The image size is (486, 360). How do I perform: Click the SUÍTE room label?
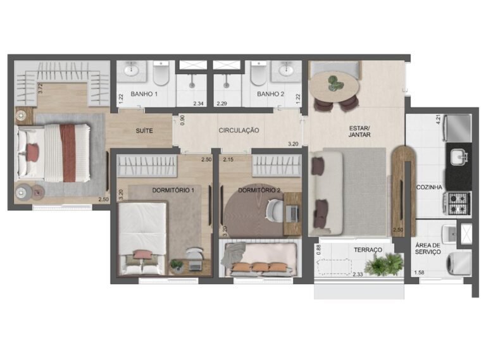[x=144, y=131]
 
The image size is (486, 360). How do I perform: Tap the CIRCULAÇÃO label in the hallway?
[x=239, y=130]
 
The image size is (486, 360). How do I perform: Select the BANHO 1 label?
[x=144, y=94]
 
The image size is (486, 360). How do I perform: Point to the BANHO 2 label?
[x=270, y=94]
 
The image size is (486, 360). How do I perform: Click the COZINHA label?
[x=429, y=187]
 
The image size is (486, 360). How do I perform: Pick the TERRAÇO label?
[x=368, y=250]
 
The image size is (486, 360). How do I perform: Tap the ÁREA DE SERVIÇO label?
[x=428, y=249]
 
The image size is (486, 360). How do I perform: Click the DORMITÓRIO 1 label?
[x=173, y=190]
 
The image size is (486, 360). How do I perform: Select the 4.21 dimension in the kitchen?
[x=439, y=120]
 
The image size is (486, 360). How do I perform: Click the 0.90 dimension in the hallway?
[x=182, y=120]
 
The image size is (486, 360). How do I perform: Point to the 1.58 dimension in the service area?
[x=420, y=273]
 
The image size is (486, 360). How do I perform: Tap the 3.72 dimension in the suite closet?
[x=40, y=88]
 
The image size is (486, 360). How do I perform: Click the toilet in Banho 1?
[x=161, y=73]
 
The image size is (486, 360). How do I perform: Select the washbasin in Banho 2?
[x=286, y=71]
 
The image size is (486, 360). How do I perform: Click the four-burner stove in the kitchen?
[x=458, y=203]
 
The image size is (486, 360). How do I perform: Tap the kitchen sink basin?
[x=459, y=156]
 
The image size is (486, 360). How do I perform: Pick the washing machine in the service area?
[x=459, y=263]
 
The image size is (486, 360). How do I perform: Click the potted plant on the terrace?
[x=384, y=264]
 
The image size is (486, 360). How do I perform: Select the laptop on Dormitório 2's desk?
[x=291, y=214]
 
